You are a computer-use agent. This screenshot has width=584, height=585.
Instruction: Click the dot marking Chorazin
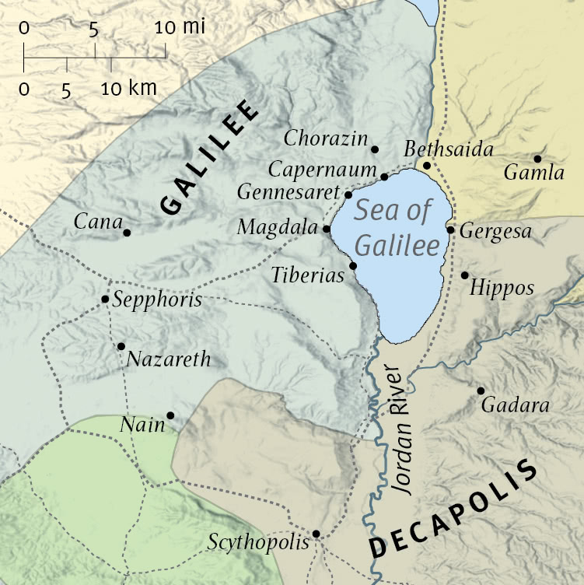(375, 149)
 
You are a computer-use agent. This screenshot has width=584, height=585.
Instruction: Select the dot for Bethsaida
(426, 166)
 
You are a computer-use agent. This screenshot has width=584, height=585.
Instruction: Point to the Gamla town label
(533, 173)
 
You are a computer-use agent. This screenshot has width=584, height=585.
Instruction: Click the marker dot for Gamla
(537, 159)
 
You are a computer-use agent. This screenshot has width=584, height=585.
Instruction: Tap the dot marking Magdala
(326, 229)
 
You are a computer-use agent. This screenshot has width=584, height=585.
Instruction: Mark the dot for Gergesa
(450, 229)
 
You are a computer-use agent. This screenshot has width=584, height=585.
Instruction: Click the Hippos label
(503, 289)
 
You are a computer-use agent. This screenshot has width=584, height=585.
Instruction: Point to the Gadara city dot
(481, 391)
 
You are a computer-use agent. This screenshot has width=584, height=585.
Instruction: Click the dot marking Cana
(127, 232)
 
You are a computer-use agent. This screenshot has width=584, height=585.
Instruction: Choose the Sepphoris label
(157, 300)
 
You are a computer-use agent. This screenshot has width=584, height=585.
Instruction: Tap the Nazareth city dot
(121, 346)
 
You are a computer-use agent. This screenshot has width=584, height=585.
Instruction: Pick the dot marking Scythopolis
(316, 534)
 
